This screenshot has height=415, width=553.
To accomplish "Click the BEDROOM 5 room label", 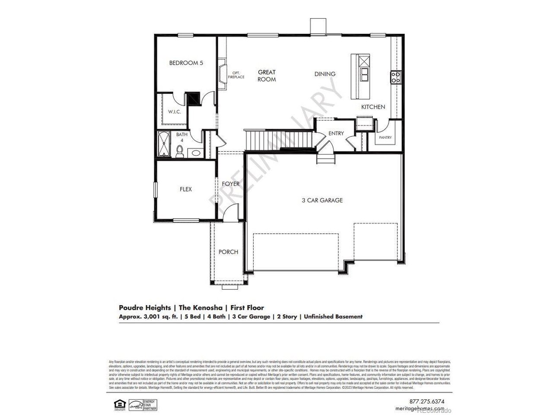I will tap(186, 63).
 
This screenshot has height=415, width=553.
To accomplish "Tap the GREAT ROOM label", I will tap(267, 76).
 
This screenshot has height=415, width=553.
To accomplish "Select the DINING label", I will tap(325, 74).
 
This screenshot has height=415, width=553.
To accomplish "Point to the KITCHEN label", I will tap(373, 107).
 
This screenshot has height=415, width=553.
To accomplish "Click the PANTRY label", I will tap(385, 137).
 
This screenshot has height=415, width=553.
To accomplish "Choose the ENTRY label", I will tap(336, 133).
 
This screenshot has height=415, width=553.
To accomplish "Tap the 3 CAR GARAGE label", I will tap(322, 200).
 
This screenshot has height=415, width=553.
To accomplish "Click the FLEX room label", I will tap(186, 189).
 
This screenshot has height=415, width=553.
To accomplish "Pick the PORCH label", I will tap(228, 252).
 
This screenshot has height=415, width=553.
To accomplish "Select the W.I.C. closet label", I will tap(175, 112).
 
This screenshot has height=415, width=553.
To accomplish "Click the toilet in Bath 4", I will tap(180, 151).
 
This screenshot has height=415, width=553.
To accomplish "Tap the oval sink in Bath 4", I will tap(195, 153).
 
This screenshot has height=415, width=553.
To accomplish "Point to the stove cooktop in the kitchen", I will tap(395, 77).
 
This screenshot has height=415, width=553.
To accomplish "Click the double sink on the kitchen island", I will tap(365, 74).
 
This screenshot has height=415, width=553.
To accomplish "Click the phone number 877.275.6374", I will tap(426, 401).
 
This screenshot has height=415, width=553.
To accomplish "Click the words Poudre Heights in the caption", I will tap(145, 308).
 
